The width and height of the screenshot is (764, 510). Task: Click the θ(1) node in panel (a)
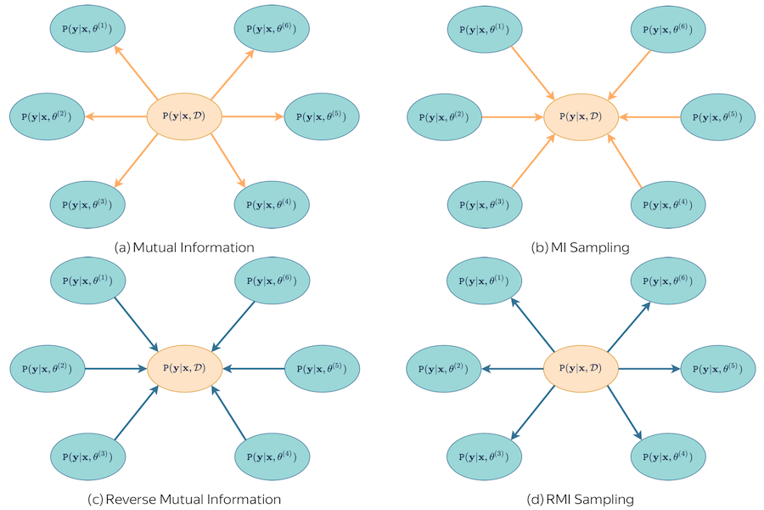87,30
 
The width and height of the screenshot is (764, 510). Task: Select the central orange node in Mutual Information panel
185,115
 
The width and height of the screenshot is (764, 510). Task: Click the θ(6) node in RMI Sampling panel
668,281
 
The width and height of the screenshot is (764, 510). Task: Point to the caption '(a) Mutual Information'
184,247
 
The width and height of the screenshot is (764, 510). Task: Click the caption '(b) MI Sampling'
580,247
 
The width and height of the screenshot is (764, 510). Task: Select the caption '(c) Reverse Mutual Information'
184,499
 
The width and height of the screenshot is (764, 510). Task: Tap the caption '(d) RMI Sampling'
580,499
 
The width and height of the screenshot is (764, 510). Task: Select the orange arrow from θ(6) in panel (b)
629,76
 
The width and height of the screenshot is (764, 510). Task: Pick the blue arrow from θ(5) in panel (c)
254,368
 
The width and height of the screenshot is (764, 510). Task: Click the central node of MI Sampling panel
581,116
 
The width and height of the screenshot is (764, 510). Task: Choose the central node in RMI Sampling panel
581,368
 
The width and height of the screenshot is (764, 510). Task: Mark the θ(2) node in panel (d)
445,368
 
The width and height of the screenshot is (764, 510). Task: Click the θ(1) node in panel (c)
87,281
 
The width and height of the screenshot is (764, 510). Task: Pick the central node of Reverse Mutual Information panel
185,368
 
